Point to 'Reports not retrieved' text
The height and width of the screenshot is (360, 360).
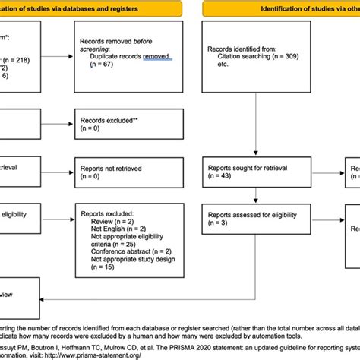pyautogui.click(x=112, y=167)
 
